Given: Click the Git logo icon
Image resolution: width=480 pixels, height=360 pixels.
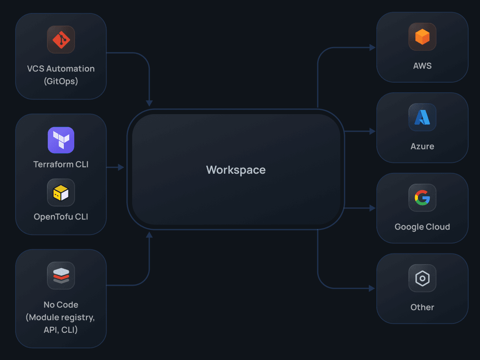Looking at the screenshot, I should click(x=61, y=39).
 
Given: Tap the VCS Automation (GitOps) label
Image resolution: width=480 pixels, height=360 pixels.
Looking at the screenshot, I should click(x=61, y=75).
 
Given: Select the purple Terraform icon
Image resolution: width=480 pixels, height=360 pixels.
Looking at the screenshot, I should click(x=61, y=140).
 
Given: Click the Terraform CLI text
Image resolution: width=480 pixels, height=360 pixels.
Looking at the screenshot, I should click(x=61, y=164).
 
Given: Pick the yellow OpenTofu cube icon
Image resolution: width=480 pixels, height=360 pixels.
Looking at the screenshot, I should click(x=61, y=193).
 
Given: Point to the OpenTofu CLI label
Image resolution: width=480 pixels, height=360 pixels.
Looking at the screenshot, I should click(x=61, y=217).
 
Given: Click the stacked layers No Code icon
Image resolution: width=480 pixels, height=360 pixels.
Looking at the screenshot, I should click(x=61, y=276).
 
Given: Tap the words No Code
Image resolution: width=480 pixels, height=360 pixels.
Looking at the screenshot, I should click(x=61, y=305).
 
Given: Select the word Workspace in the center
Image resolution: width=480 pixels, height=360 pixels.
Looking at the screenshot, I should click(x=236, y=170).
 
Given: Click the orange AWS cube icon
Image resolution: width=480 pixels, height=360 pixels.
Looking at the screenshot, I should click(x=422, y=37).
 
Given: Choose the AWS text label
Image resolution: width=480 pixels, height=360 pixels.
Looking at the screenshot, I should click(x=422, y=66).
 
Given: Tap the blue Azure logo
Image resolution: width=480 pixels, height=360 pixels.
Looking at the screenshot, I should click(x=422, y=117).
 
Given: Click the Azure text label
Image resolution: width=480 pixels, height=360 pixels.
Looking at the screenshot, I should click(x=422, y=146).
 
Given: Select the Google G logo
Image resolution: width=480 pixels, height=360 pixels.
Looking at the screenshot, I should click(x=422, y=198).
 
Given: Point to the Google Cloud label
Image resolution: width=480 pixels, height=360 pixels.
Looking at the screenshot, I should click(x=422, y=227).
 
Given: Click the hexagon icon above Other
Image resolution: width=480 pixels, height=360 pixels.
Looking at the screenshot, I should click(x=422, y=278).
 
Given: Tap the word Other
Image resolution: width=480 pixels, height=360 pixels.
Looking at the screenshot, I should click(x=422, y=307).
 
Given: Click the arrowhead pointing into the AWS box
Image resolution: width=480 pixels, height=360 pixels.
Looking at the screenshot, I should click(x=372, y=48).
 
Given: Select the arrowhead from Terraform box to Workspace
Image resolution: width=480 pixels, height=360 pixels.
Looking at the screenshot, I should click(x=121, y=167).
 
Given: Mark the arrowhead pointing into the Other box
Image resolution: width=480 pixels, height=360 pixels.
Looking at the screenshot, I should click(x=372, y=288).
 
